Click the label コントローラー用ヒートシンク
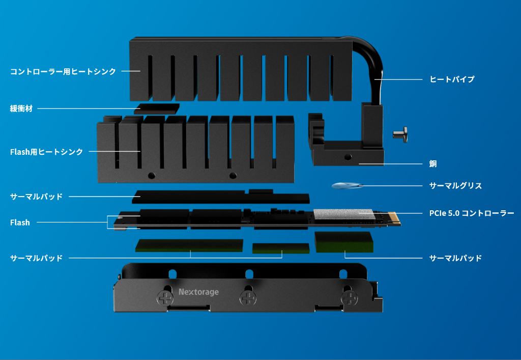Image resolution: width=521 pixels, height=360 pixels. click(x=63, y=71)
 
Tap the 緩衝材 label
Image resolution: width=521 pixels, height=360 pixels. click(x=21, y=108)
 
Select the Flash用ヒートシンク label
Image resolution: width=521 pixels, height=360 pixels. click(x=46, y=152)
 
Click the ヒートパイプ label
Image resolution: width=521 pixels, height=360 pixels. click(x=452, y=79)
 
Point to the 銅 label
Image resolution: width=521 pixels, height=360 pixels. click(x=433, y=164)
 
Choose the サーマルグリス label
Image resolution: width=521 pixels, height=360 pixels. click(x=455, y=186)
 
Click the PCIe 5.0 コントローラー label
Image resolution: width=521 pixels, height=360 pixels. click(x=472, y=213)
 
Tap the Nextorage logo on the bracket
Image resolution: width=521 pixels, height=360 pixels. click(x=199, y=292)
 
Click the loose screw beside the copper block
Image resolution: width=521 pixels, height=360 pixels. click(x=401, y=134)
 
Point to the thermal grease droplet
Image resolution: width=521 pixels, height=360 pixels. click(x=347, y=186)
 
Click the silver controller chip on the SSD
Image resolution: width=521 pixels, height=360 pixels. click(x=343, y=214)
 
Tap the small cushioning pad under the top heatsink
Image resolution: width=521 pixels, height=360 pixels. click(x=157, y=108)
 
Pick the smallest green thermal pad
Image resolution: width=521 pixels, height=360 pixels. click(x=281, y=248)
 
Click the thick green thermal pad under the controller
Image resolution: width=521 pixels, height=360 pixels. click(x=344, y=242)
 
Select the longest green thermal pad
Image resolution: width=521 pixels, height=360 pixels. click(x=189, y=245)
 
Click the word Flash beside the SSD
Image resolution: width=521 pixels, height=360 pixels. click(x=20, y=223)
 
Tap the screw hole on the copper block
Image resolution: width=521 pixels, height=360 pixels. click(x=348, y=157)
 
